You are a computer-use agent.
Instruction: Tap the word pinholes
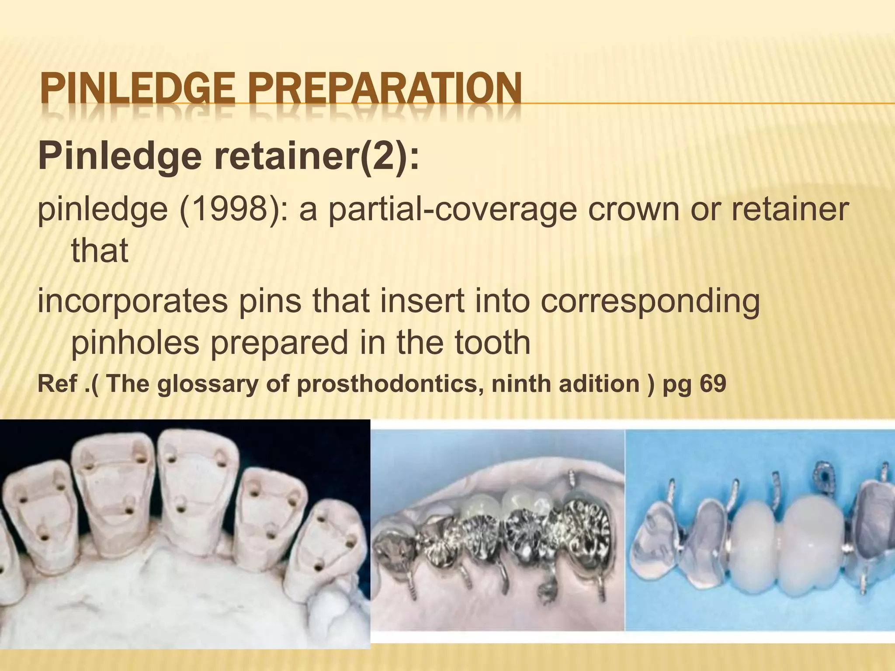tap(135, 342)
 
